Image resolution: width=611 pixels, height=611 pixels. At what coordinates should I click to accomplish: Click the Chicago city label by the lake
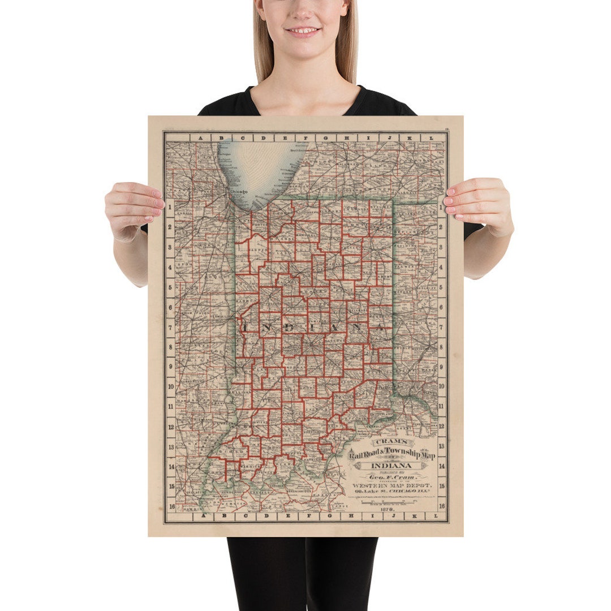239,193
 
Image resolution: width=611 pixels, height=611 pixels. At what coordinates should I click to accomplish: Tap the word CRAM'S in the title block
390,441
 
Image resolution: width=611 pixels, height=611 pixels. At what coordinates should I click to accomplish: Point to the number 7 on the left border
170,328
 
